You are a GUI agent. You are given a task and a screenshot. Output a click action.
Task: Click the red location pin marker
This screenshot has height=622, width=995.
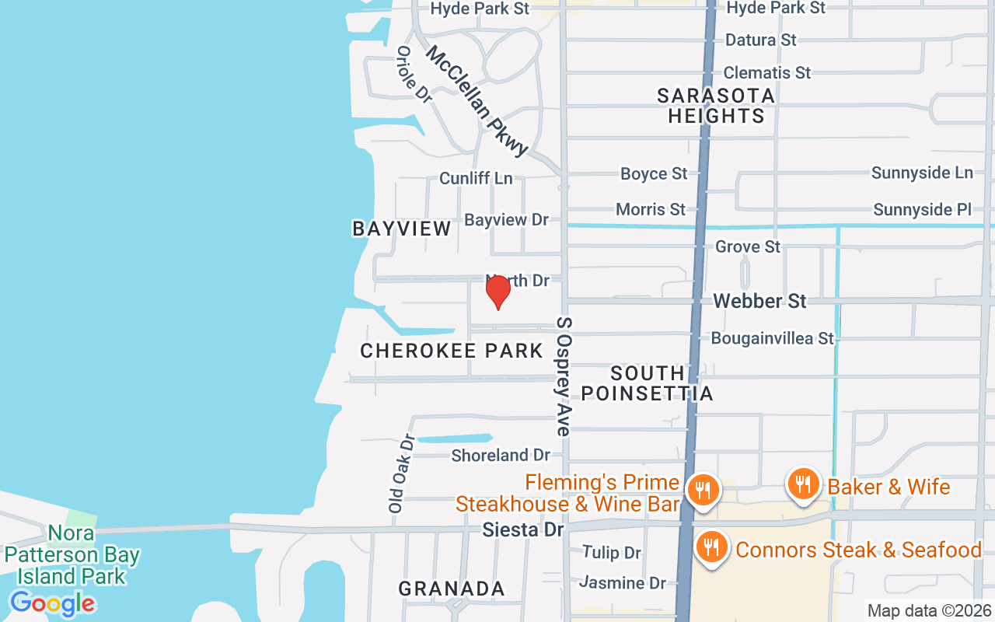point(497,292)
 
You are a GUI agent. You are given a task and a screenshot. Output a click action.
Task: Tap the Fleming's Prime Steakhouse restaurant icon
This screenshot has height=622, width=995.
point(702,490)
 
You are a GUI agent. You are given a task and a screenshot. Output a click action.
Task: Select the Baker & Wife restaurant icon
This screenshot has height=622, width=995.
point(803,484)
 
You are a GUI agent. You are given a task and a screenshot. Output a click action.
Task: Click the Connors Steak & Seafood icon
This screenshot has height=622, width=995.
point(710,548)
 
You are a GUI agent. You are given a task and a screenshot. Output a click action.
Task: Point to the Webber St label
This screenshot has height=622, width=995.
point(759,301)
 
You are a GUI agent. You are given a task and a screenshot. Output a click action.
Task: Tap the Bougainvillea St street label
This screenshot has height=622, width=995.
point(772,338)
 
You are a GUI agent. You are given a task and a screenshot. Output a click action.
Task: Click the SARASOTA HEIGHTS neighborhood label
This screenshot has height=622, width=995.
point(716,106)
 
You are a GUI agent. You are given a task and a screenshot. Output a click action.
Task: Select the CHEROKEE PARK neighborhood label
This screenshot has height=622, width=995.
point(452,351)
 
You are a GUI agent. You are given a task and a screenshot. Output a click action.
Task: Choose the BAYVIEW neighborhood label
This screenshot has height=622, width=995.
point(401,229)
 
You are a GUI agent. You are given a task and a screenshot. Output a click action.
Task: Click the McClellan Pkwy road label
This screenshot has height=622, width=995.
point(477,100)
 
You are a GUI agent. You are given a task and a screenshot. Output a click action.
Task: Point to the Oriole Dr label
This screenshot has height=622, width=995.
point(414,75)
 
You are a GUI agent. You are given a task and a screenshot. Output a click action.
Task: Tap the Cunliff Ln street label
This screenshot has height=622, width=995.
point(476,178)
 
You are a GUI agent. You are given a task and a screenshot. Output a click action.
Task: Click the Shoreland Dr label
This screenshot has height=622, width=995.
point(501,455)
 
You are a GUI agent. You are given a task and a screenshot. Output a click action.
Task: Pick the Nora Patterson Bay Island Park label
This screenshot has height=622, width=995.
point(72,555)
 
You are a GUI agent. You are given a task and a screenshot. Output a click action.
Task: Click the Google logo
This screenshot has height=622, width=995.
point(52,603)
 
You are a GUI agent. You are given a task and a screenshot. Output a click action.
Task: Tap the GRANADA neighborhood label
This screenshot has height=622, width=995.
point(452,589)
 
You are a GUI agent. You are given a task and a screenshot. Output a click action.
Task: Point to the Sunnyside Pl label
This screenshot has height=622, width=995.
point(923,209)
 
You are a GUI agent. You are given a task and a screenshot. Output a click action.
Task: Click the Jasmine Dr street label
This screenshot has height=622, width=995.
point(623,582)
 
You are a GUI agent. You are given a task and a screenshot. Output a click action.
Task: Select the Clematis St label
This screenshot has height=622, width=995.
point(766,72)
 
